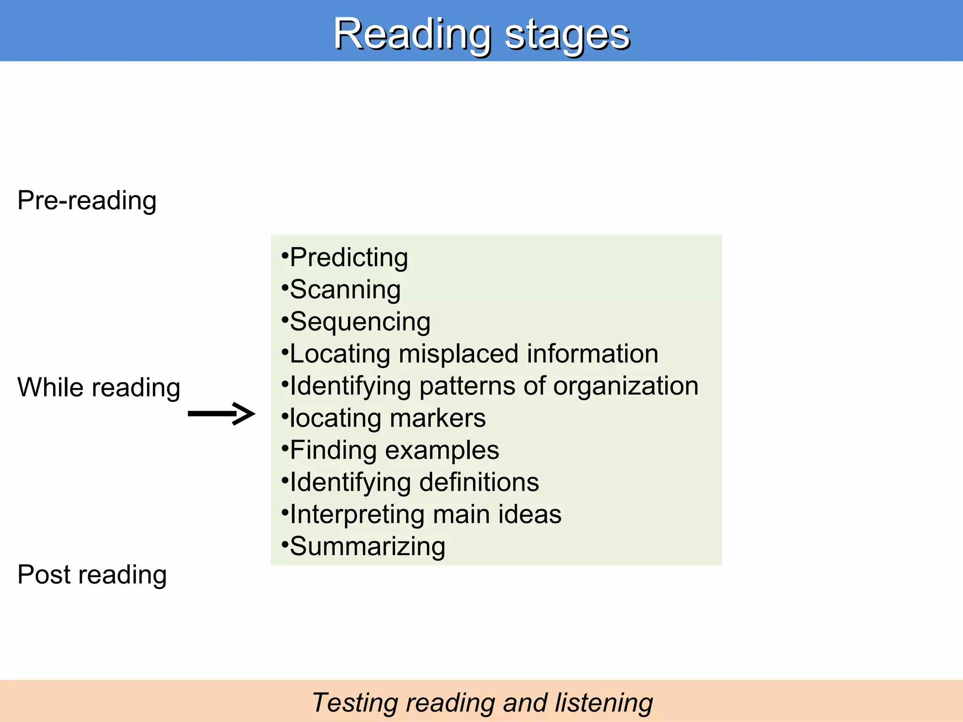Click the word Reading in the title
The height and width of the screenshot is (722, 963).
(x=412, y=34)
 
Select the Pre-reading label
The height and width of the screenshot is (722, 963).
(x=87, y=201)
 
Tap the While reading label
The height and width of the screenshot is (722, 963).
(x=99, y=388)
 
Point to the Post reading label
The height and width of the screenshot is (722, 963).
(x=92, y=574)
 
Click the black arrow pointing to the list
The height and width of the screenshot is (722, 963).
(x=221, y=414)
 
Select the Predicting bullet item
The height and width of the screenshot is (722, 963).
(x=348, y=258)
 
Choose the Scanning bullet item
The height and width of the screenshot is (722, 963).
(x=345, y=290)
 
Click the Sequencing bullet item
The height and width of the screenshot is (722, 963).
(x=360, y=322)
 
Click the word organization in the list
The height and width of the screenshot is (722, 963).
(x=625, y=386)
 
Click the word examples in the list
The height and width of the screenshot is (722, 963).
(x=442, y=450)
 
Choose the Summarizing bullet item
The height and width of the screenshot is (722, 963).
(x=367, y=547)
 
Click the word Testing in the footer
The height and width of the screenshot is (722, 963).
(x=355, y=703)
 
